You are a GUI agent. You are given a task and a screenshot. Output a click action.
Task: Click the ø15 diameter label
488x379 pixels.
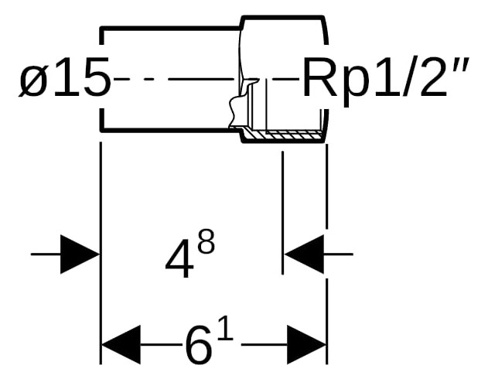[x=65, y=77]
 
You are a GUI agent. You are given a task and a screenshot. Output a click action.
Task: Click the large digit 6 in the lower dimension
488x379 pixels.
[x=200, y=348]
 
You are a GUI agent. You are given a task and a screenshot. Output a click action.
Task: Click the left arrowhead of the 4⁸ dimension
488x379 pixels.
[x=80, y=254]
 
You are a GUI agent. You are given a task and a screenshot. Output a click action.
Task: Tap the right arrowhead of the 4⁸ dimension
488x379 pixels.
[x=304, y=254]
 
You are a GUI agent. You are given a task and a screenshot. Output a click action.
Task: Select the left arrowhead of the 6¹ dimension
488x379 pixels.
[x=121, y=345]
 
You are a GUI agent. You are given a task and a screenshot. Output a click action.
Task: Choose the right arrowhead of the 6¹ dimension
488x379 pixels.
[x=306, y=345]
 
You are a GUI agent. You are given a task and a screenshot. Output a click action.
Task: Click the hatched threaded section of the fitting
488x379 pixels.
[x=284, y=135]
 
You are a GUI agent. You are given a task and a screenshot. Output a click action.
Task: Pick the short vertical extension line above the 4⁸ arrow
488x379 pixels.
[x=282, y=213]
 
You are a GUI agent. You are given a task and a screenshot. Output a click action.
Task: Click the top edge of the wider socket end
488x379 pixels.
[x=283, y=17]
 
